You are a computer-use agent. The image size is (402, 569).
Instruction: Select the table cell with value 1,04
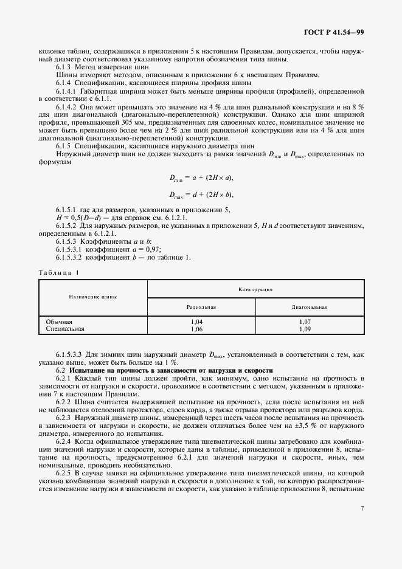click(197, 321)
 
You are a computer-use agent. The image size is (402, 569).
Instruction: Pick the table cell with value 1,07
click(305, 321)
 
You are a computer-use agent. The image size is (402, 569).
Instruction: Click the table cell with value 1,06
click(197, 328)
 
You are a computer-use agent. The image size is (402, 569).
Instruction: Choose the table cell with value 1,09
click(305, 328)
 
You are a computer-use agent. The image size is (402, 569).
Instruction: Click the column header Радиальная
click(197, 307)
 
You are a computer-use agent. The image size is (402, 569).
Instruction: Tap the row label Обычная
click(59, 321)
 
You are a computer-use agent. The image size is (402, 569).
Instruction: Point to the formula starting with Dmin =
click(201, 178)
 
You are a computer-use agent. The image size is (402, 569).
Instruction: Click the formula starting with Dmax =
click(201, 195)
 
